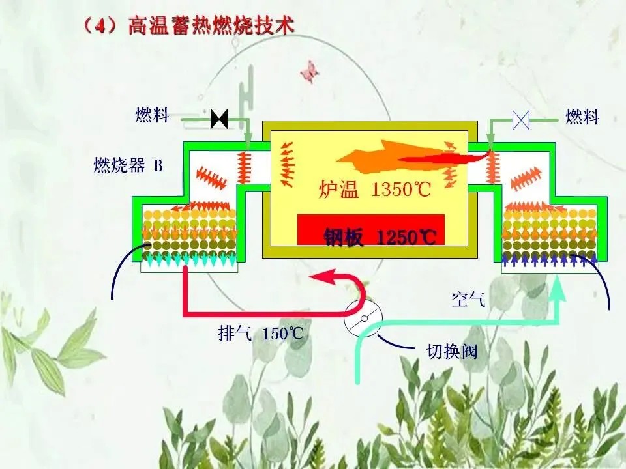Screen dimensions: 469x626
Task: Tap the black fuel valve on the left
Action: coord(219,119)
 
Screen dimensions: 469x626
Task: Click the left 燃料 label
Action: coord(152,116)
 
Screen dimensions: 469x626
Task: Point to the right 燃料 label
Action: coord(582,117)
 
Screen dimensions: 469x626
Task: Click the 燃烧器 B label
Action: coord(128,165)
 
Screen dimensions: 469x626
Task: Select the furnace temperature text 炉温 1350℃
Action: coord(374,191)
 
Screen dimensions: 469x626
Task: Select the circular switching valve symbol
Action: coord(363,319)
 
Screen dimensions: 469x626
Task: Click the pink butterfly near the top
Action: coord(309,70)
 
